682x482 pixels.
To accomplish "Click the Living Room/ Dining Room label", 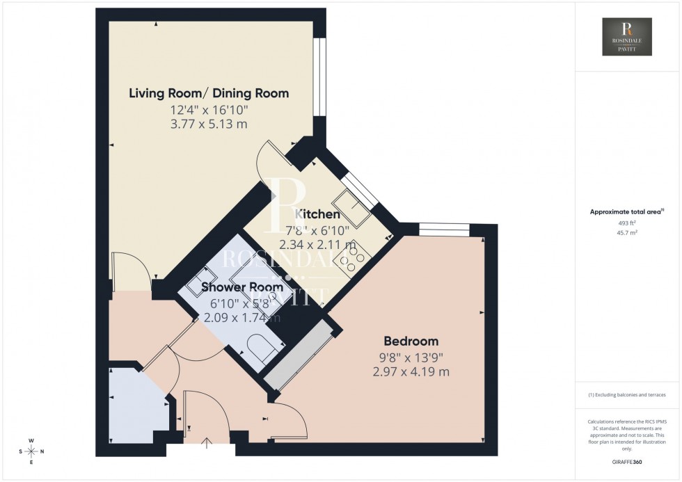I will [x=209, y=93].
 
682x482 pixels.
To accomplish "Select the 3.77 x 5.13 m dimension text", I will [x=209, y=124].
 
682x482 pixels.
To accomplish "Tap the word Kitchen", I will [x=317, y=214].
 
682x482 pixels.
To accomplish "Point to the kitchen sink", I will [x=360, y=211].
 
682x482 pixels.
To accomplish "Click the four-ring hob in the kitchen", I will [x=349, y=259].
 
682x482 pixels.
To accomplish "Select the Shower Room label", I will [x=241, y=287].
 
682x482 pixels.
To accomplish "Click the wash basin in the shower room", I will [x=197, y=279].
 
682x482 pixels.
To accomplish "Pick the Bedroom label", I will [x=411, y=341].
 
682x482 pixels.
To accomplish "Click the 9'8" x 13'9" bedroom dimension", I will [x=411, y=358].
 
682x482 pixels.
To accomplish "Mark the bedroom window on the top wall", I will [x=444, y=229].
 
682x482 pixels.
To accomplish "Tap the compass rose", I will [x=32, y=451].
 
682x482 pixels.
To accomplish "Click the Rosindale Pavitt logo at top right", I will [x=627, y=37].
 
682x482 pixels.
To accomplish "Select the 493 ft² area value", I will [x=627, y=223].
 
